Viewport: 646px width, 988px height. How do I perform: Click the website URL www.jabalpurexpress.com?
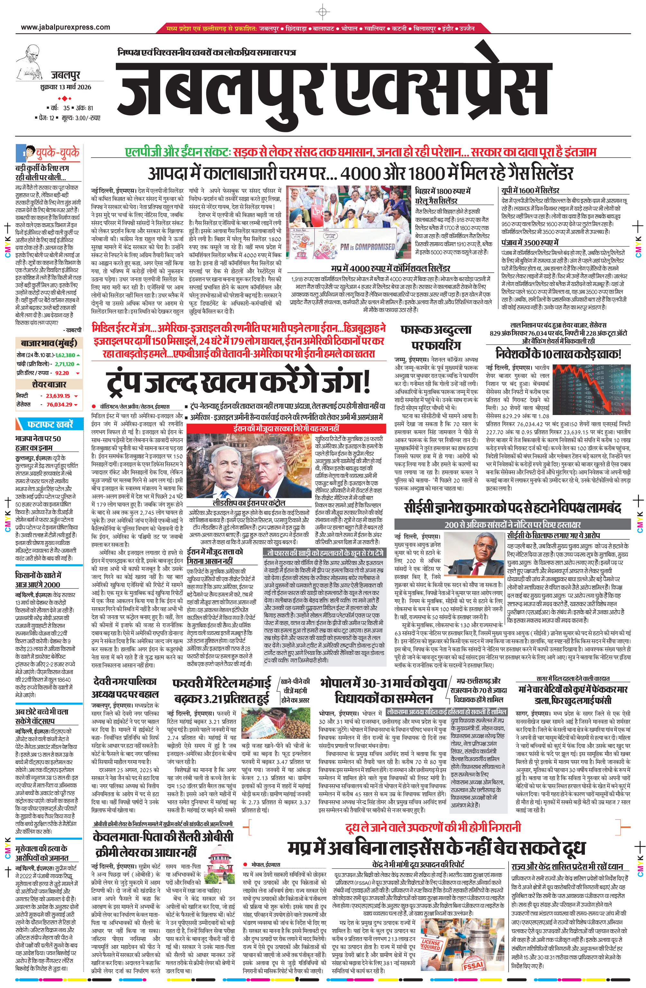click(x=66, y=27)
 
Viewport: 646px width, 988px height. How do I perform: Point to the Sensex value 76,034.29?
click(x=60, y=404)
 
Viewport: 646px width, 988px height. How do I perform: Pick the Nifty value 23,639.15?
click(x=58, y=396)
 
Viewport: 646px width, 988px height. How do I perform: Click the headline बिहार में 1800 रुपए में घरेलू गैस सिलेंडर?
click(x=443, y=196)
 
